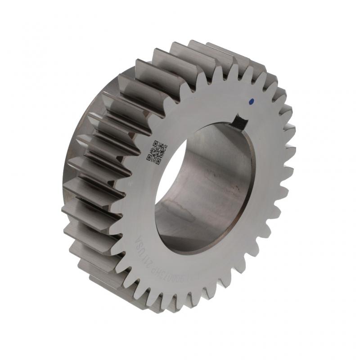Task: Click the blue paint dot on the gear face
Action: pyautogui.click(x=252, y=101)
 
